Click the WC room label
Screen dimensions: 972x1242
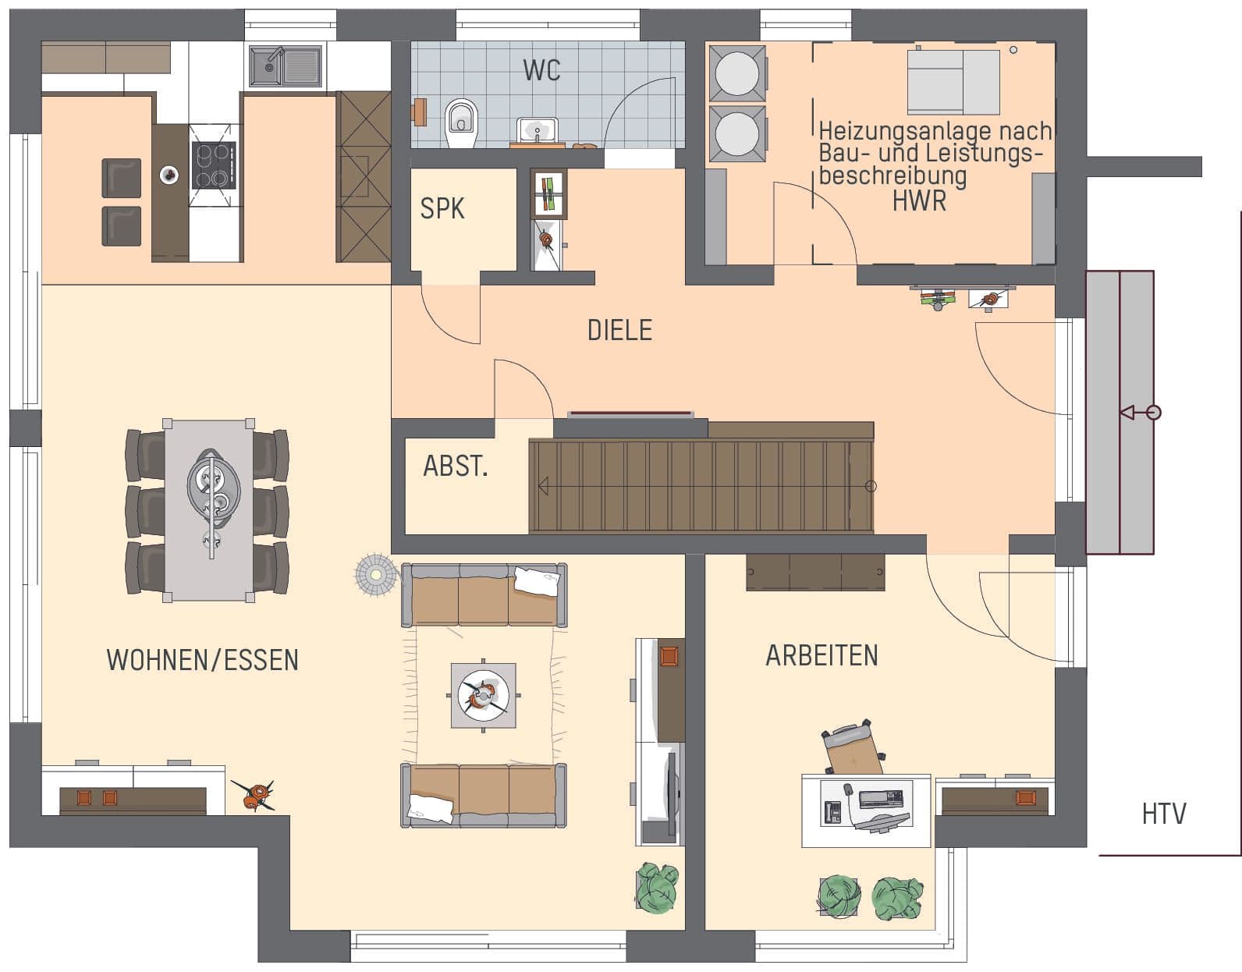pos(541,70)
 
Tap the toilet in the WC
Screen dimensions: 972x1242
pos(461,120)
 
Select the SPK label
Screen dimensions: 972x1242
pos(442,209)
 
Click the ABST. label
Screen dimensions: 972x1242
pos(456,466)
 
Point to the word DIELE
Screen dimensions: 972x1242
pos(619,331)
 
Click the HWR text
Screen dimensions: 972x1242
pos(919,201)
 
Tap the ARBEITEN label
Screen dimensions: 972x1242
pos(821,655)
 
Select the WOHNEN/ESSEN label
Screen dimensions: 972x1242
pos(202,660)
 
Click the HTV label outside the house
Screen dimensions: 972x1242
pos(1163,814)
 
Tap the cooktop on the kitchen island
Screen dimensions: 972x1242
pos(213,165)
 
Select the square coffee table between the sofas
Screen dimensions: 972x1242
pos(483,695)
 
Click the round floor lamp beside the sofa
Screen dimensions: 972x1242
pos(376,575)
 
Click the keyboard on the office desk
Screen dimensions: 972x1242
pos(881,798)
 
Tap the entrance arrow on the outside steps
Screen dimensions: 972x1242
pos(1140,412)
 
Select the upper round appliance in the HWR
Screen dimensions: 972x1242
pos(737,73)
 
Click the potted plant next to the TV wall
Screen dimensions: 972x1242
pos(657,887)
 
